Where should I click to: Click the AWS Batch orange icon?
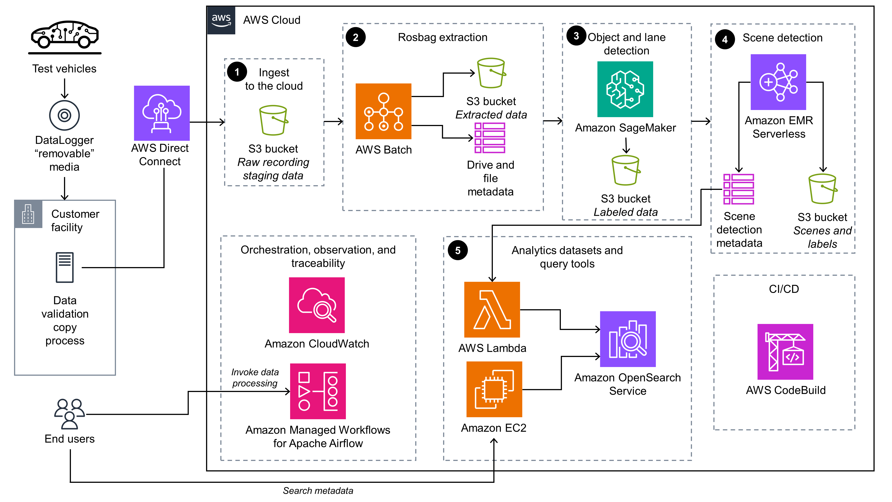[383, 111]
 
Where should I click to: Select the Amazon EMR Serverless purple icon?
[778, 82]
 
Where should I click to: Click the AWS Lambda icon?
[492, 309]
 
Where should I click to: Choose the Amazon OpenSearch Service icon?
[628, 339]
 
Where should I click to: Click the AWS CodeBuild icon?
[785, 352]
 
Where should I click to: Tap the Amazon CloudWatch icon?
[316, 305]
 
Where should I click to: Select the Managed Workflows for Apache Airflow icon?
[318, 391]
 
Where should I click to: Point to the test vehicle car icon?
[65, 35]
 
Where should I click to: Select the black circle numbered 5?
[457, 250]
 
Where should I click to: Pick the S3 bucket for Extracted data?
[491, 73]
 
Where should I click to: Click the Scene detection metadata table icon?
[738, 189]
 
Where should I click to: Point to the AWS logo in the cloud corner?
[221, 20]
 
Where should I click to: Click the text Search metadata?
[318, 491]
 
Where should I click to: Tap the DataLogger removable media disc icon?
[64, 115]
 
